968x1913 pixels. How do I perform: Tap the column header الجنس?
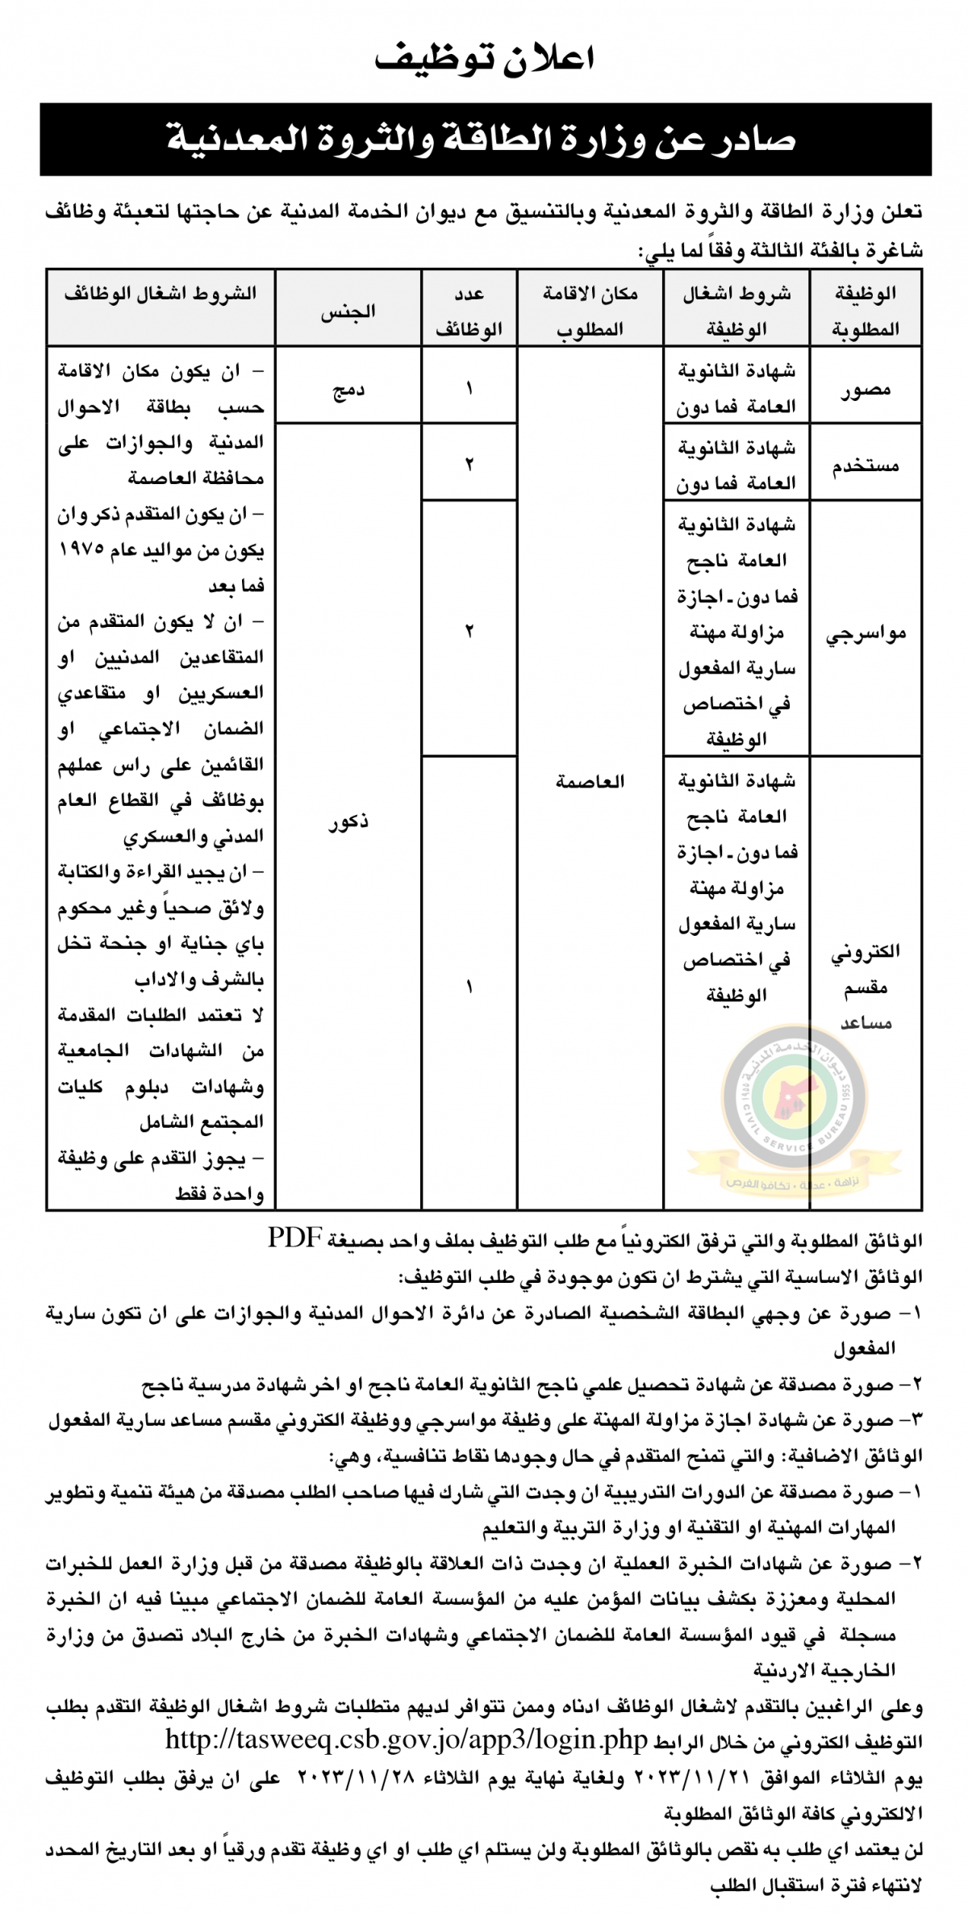348,311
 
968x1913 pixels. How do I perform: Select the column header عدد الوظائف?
469,311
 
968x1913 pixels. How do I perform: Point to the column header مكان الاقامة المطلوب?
590,311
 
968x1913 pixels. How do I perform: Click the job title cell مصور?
866,390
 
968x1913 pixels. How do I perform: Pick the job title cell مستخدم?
866,466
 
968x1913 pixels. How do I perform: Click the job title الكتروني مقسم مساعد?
866,987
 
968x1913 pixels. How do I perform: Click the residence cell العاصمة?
590,781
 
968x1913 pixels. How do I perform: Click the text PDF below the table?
296,1239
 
